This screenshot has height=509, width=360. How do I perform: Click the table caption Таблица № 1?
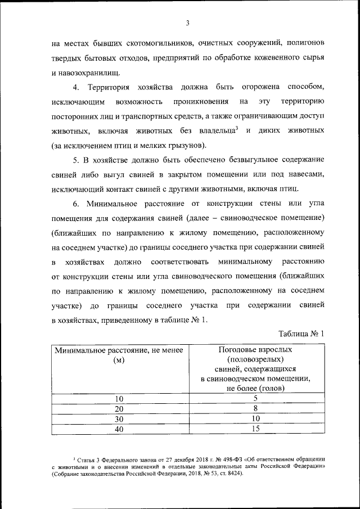pyautogui.click(x=301, y=334)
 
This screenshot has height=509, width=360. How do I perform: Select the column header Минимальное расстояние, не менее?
pyautogui.click(x=119, y=350)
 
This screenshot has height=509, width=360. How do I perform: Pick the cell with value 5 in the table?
pyautogui.click(x=255, y=398)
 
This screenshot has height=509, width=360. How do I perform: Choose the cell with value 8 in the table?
pyautogui.click(x=255, y=409)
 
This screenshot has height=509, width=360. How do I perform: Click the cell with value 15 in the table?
pyautogui.click(x=255, y=430)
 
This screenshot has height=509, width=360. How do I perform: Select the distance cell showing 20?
pyautogui.click(x=119, y=409)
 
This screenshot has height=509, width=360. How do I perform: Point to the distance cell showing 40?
pyautogui.click(x=119, y=430)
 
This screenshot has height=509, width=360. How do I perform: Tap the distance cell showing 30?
pyautogui.click(x=119, y=420)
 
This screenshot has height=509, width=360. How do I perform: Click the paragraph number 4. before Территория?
pyautogui.click(x=76, y=88)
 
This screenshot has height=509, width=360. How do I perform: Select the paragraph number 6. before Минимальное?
pyautogui.click(x=76, y=204)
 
